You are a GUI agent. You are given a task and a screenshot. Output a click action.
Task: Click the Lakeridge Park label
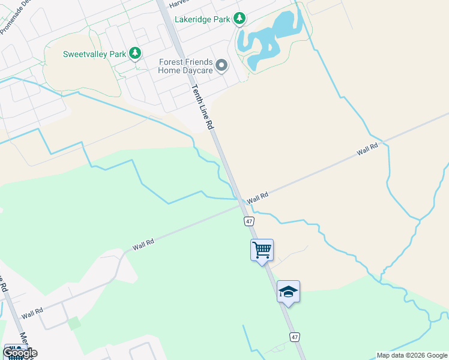202,19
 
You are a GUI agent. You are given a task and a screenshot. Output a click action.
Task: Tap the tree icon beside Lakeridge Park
240,19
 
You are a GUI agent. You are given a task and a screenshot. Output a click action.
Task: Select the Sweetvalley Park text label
94,54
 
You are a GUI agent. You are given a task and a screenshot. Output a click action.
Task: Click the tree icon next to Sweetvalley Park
136,54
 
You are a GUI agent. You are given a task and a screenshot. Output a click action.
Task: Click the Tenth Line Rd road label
202,107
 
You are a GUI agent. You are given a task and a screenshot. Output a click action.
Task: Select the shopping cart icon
262,249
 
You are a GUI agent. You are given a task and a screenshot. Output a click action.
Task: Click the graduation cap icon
288,292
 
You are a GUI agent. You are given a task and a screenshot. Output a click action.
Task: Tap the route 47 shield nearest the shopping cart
249,221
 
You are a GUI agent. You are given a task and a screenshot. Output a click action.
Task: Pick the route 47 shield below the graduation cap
294,337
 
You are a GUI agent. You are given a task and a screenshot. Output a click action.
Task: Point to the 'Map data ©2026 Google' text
412,355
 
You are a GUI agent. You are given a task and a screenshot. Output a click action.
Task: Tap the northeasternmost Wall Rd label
367,149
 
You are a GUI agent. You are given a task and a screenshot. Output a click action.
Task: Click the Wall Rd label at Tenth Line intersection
257,197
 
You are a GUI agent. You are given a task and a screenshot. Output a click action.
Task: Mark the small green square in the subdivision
74,323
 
